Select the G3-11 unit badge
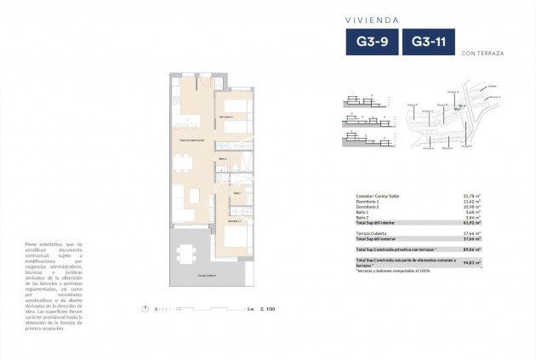tap(429, 43)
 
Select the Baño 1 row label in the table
tap(362, 211)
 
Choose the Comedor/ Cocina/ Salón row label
tap(379, 198)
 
